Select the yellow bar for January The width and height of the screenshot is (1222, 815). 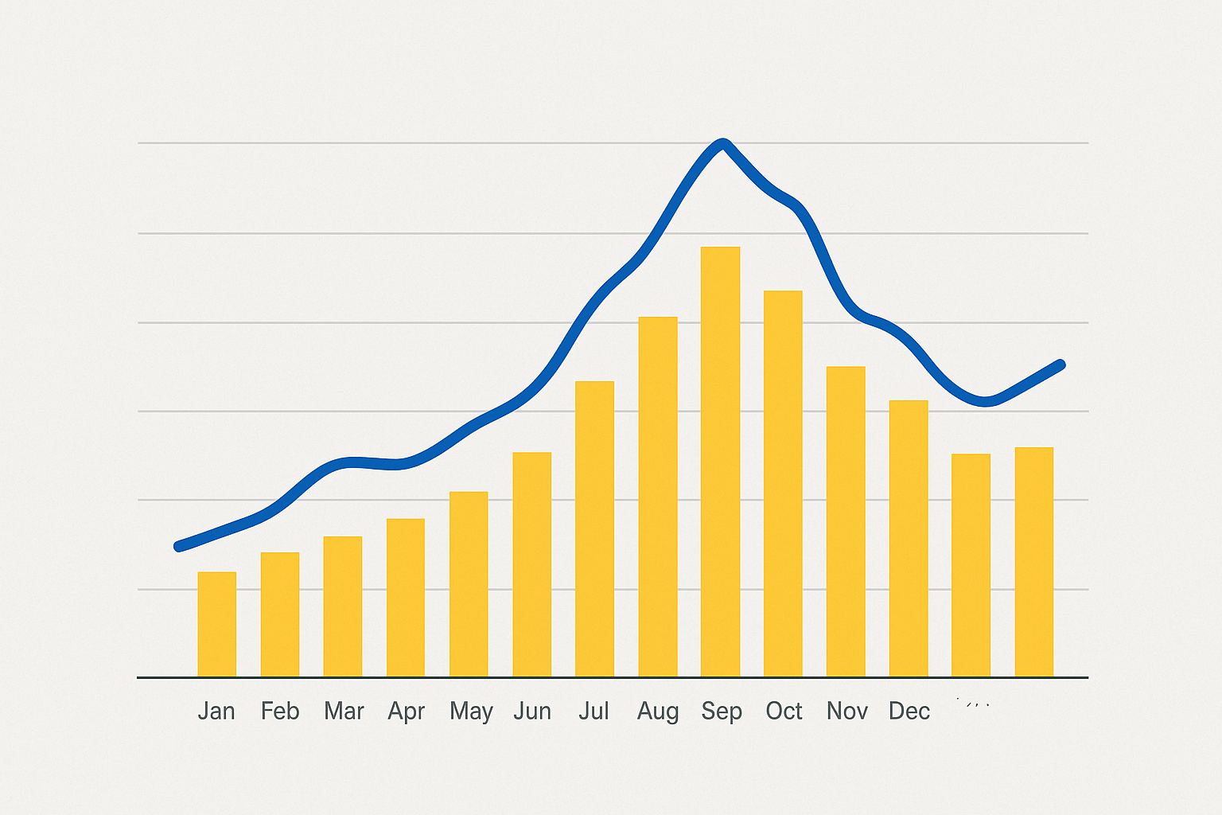coord(216,625)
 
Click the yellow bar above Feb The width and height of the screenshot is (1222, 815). coord(280,614)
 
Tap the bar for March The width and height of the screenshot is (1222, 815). coord(343,606)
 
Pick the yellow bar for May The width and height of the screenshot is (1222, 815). coord(469,584)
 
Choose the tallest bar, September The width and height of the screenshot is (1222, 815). coord(720,462)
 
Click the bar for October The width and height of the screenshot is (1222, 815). coord(783,484)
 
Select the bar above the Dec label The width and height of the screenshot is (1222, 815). coord(909,539)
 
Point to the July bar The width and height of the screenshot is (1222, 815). coord(594,529)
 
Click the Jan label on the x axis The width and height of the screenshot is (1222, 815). coord(216,711)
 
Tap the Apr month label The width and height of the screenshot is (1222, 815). coord(406,711)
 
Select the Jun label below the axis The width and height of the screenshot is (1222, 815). coord(532,711)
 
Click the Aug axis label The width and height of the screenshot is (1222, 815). coord(658,711)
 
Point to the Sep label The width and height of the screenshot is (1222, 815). coord(721,711)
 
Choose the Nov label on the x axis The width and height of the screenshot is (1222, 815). coord(846,711)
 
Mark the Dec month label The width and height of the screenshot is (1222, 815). coord(909,711)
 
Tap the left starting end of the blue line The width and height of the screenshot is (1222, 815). coord(178,546)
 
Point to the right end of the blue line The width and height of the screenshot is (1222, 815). coord(1060,365)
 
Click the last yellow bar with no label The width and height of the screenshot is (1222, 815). coord(1034,562)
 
